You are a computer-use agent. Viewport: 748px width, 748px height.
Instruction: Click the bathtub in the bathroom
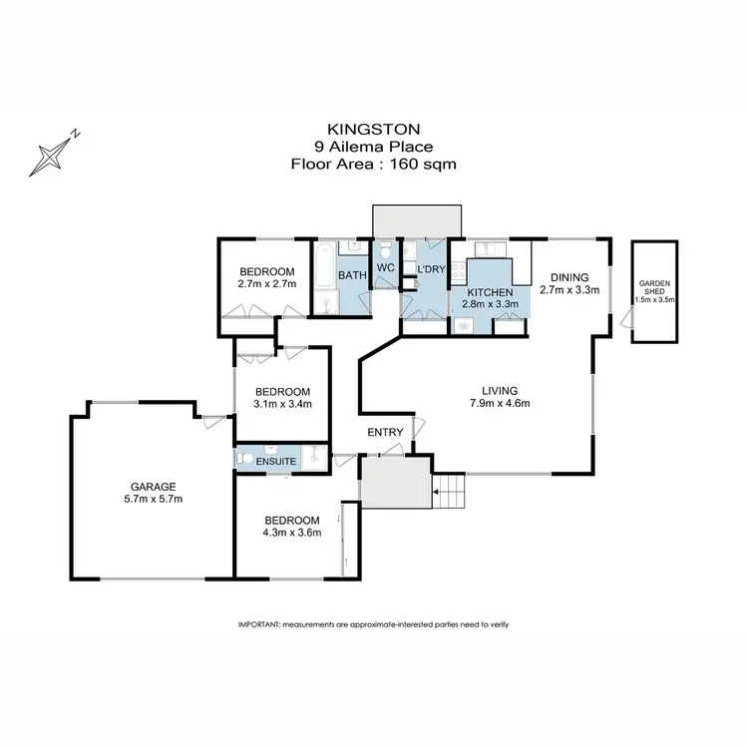[x=325, y=276]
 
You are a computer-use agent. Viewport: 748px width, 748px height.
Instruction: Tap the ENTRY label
[x=386, y=432]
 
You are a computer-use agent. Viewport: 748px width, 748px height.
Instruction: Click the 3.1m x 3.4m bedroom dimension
[x=283, y=404]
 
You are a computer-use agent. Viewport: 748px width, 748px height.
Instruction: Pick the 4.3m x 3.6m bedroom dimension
[x=291, y=533]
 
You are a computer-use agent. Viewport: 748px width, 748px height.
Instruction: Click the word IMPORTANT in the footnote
[x=258, y=623]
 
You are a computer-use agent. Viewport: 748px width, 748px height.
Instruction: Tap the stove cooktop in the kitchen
[x=460, y=270]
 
